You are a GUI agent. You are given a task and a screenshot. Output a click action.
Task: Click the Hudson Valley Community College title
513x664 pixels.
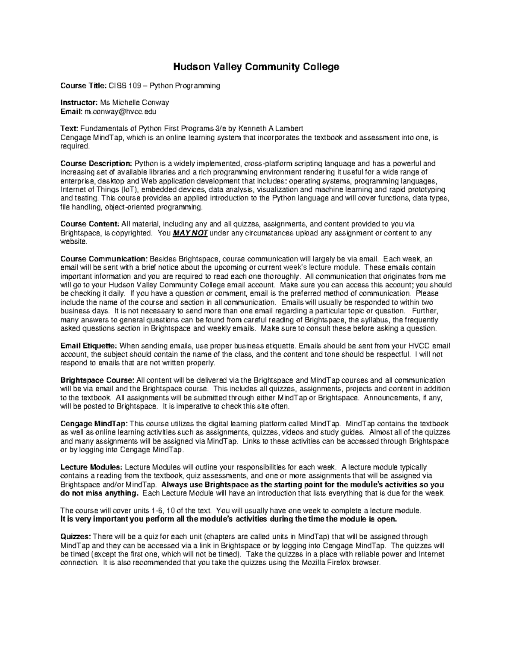point(256,67)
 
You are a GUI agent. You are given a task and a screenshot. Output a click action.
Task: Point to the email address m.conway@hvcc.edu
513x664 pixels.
point(121,112)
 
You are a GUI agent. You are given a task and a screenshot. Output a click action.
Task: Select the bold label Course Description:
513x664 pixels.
point(96,163)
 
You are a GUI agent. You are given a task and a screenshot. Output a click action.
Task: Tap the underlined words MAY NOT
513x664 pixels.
point(190,233)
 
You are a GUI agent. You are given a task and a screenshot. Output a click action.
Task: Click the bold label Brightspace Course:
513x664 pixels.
point(97,380)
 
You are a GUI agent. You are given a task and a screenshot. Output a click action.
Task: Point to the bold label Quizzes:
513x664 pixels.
point(76,537)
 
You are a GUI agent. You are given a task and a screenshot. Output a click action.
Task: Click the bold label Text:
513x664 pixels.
point(69,129)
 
